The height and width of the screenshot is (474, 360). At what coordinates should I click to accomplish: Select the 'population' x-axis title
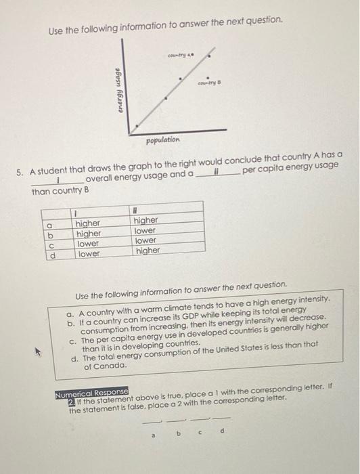pyautogui.click(x=162, y=139)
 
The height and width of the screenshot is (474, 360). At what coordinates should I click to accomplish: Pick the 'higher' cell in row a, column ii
pyautogui.click(x=145, y=220)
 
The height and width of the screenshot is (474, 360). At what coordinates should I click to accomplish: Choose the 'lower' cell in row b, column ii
pyautogui.click(x=145, y=230)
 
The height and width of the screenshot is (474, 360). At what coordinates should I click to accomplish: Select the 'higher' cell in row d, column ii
pyautogui.click(x=147, y=251)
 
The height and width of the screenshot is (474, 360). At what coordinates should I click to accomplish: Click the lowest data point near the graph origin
pyautogui.click(x=136, y=125)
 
